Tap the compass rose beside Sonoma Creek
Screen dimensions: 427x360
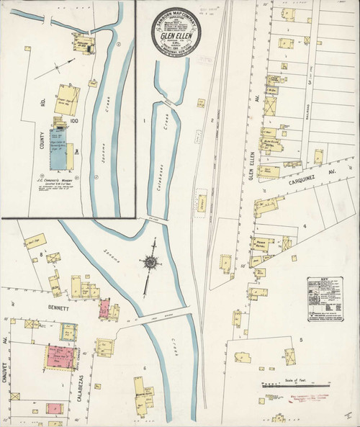150,263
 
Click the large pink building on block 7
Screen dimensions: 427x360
60,357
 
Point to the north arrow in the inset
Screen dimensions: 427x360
47,71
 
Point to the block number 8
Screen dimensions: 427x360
41,254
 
